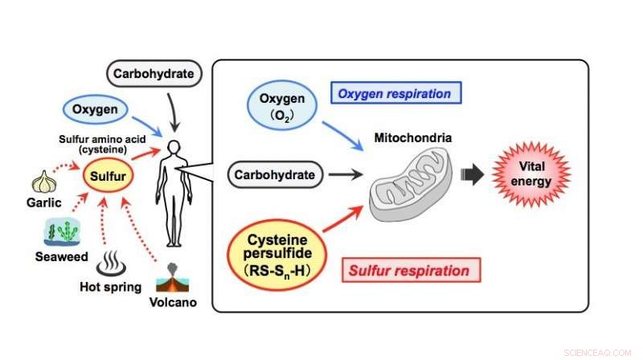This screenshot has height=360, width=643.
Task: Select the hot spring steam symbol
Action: click(x=106, y=264)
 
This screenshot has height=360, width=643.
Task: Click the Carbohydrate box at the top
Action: click(x=153, y=75)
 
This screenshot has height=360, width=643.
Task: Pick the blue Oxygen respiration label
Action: click(x=394, y=94)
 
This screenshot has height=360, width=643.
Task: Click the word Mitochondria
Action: click(x=413, y=138)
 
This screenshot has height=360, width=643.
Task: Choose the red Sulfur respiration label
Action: click(x=410, y=271)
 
